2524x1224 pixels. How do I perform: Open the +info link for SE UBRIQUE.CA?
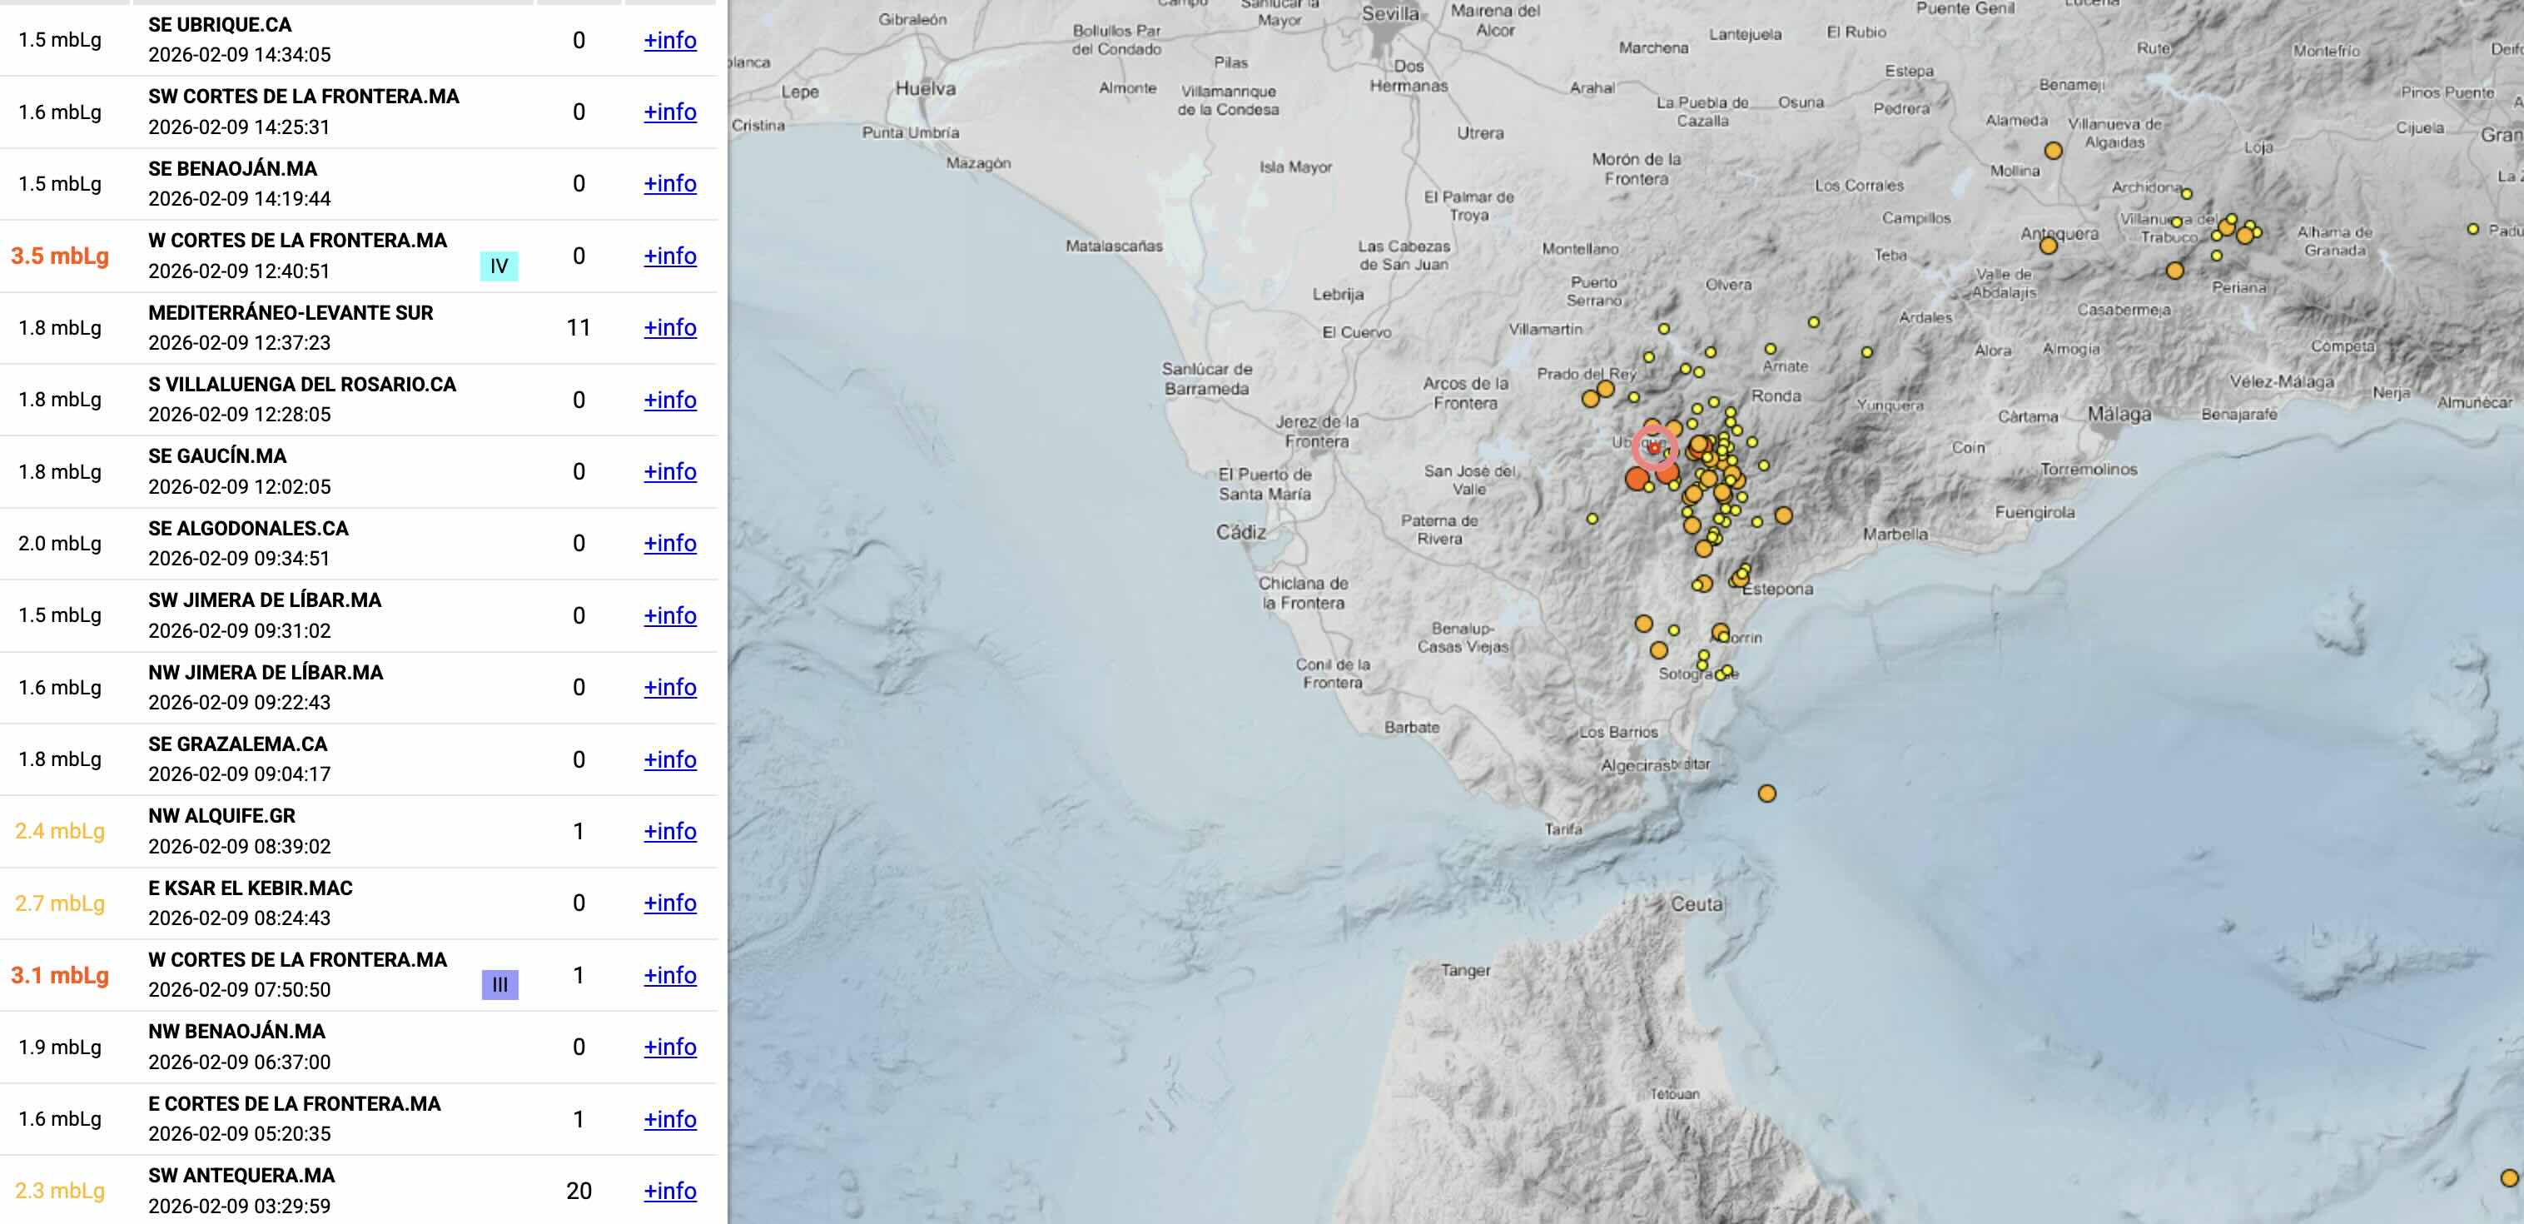point(669,40)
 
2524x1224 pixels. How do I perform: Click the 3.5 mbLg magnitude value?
point(60,256)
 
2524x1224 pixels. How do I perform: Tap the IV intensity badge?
point(499,266)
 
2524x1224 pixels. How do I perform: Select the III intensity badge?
point(499,984)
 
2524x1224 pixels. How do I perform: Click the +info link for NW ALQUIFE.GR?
point(669,831)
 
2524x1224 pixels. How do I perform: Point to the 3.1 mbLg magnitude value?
point(60,975)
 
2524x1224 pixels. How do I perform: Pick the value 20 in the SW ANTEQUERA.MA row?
point(578,1191)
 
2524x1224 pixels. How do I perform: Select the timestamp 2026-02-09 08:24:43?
point(239,918)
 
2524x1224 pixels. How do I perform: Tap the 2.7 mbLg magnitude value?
point(60,903)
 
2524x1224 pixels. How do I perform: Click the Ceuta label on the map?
point(1696,903)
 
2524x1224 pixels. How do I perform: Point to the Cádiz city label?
point(1240,532)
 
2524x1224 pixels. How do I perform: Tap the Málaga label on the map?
point(2119,414)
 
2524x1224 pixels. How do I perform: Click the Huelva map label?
point(925,88)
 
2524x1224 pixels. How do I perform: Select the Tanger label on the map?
point(1465,970)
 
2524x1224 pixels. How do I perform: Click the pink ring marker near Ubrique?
point(1654,448)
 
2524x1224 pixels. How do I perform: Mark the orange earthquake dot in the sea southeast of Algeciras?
point(1766,793)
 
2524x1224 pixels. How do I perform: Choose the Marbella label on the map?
point(1895,534)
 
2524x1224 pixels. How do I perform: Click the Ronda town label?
point(1776,396)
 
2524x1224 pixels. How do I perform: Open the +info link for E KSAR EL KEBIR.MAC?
point(669,903)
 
